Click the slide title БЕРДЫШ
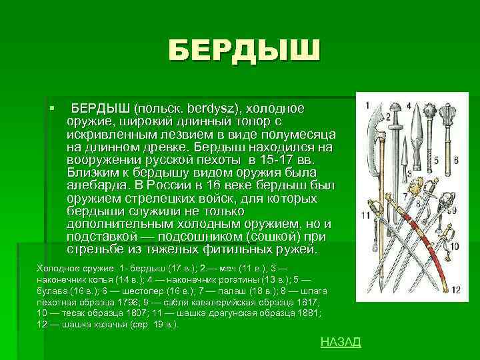244,51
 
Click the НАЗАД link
341,342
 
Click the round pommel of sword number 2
398,108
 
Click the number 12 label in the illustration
455,290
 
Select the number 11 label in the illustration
365,215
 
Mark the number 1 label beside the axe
368,105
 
